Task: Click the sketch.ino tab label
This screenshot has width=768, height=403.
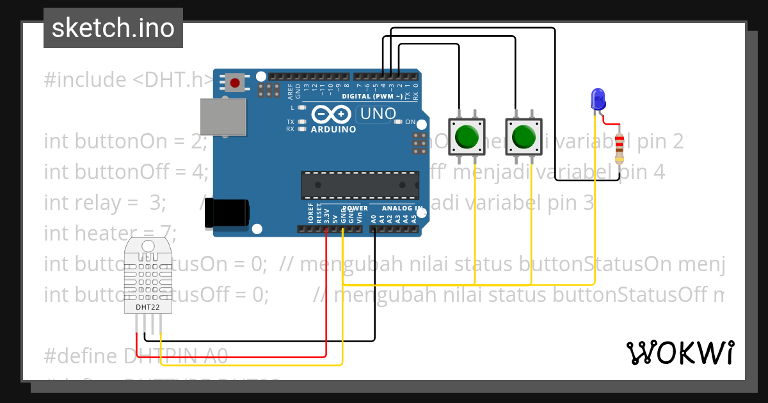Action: [113, 28]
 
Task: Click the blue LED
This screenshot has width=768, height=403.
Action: [598, 100]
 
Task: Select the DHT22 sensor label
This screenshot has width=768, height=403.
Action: [148, 307]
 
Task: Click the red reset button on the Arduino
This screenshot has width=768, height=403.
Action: [236, 83]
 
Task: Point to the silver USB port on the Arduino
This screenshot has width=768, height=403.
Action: [223, 116]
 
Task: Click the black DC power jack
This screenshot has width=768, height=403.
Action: [227, 213]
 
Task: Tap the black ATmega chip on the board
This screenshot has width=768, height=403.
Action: [360, 186]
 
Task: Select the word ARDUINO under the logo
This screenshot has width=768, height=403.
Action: [333, 129]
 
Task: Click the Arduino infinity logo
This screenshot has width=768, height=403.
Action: [332, 115]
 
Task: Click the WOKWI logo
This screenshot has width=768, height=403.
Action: [680, 352]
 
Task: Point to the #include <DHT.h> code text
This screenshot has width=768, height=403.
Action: [128, 80]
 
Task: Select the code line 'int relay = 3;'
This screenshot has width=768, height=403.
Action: [105, 203]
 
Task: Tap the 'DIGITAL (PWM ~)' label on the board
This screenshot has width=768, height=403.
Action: [372, 96]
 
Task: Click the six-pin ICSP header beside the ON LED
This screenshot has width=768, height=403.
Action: [420, 144]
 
